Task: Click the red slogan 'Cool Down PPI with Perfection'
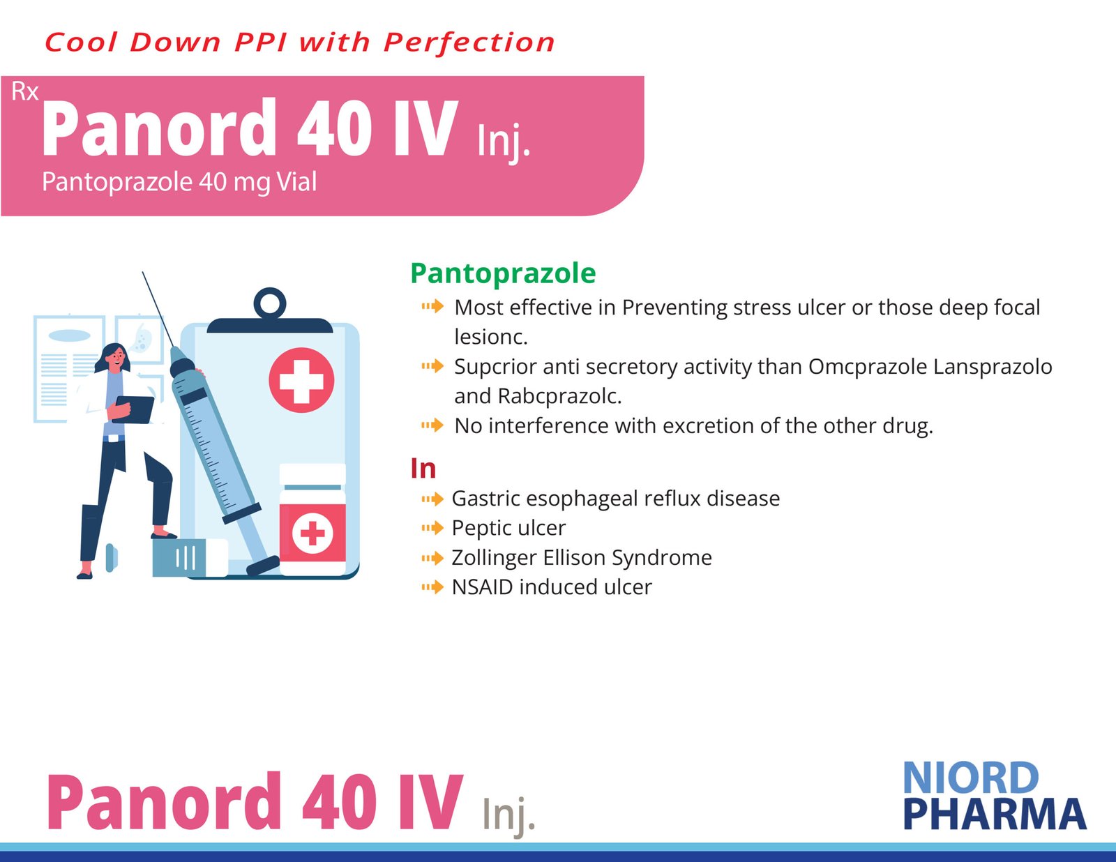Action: point(300,43)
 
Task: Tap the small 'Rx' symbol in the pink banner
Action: point(25,92)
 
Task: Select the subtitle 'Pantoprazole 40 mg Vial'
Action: point(179,182)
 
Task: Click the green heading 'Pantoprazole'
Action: point(503,273)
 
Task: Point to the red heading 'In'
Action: point(423,469)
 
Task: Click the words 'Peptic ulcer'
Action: point(508,528)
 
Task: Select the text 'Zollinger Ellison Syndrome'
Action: point(582,557)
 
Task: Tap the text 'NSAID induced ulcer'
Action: point(552,587)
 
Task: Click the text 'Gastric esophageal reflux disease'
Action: point(616,499)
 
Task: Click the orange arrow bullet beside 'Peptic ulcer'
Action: point(432,528)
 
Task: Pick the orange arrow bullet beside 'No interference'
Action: point(432,425)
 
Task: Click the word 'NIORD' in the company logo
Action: point(971,778)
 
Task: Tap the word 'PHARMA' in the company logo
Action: point(995,815)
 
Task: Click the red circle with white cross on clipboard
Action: point(301,380)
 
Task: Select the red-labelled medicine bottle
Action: point(312,520)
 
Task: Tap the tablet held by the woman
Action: point(134,409)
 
